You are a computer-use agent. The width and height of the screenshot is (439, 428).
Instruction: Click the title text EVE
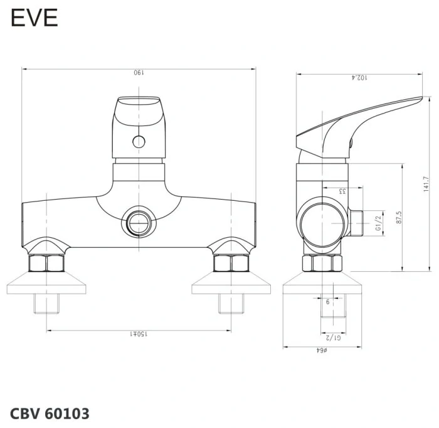click(x=34, y=18)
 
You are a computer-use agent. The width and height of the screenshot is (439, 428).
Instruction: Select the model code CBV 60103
click(x=50, y=414)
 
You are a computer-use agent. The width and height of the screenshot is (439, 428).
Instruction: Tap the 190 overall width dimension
click(x=139, y=73)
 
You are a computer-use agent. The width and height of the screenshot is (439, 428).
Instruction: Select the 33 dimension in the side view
click(x=342, y=191)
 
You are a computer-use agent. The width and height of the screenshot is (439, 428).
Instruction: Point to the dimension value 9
click(x=327, y=302)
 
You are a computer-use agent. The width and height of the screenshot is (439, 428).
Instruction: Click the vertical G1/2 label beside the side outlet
click(x=378, y=223)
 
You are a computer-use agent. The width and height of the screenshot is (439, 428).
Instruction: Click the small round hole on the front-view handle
click(x=138, y=141)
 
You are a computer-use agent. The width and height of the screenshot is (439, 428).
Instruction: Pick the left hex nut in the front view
click(x=48, y=263)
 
